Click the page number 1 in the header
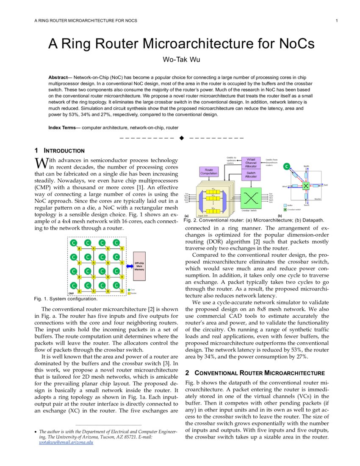click(x=336, y=21)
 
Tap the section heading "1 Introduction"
click(x=59, y=151)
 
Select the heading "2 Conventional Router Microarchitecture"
click(x=255, y=373)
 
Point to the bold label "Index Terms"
click(x=64, y=128)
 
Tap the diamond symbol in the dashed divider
click(x=182, y=138)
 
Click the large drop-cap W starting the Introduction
click(x=40, y=163)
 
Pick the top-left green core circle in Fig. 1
click(x=74, y=243)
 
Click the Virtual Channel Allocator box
click(x=251, y=163)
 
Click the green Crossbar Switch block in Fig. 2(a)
click(x=252, y=197)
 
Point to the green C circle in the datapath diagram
click(x=286, y=166)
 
